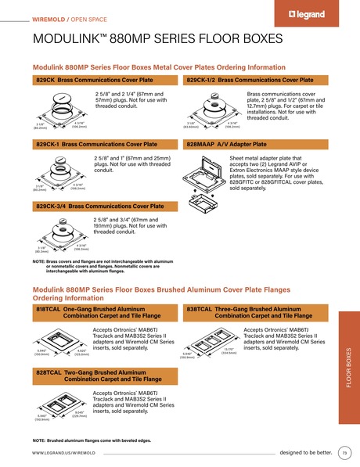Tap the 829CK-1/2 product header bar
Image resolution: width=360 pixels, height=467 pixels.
click(x=255, y=80)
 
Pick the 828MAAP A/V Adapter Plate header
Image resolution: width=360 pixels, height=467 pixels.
click(x=255, y=145)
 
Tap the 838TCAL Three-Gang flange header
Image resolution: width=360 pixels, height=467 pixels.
click(x=255, y=313)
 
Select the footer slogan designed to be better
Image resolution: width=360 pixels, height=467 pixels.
click(x=306, y=452)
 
